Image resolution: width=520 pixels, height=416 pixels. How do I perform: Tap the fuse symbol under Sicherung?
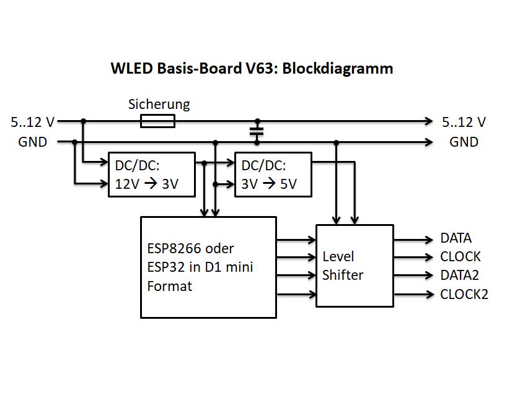pos(157,121)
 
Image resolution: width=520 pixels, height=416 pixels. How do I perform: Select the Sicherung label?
pos(159,104)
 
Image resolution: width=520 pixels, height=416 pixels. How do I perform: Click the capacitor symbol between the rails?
pos(257,131)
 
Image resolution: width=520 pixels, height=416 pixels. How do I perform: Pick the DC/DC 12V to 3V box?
pos(151,175)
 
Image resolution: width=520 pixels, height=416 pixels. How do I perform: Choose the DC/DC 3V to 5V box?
pos(272,175)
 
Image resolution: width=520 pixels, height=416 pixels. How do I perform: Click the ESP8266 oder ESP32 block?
pos(208,267)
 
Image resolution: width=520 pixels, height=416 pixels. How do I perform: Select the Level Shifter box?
pos(355,266)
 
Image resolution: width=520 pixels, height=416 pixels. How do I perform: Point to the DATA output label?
pos(456,238)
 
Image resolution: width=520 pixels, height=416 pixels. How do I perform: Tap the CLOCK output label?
pos(461,257)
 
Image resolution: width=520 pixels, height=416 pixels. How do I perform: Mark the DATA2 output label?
pos(459,275)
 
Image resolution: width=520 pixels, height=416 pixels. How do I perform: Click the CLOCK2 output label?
pos(464,294)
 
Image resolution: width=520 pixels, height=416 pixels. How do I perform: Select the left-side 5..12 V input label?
pos(32,122)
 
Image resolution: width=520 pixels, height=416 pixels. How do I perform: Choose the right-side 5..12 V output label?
pos(463,122)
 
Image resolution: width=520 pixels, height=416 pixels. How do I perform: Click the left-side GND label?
pos(33,142)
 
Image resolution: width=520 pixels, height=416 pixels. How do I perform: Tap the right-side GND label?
pos(464,142)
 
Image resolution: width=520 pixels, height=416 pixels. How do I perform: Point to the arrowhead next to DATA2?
pos(428,275)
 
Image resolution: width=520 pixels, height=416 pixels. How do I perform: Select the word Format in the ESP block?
pos(169,287)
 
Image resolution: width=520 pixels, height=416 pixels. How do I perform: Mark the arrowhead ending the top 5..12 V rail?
pos(428,121)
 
